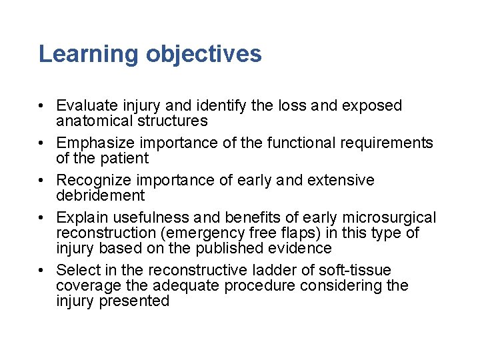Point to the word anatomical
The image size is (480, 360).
tap(93, 121)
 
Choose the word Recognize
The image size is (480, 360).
tap(93, 181)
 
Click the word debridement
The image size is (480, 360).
tap(100, 195)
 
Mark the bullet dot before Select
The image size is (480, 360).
tap(41, 271)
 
